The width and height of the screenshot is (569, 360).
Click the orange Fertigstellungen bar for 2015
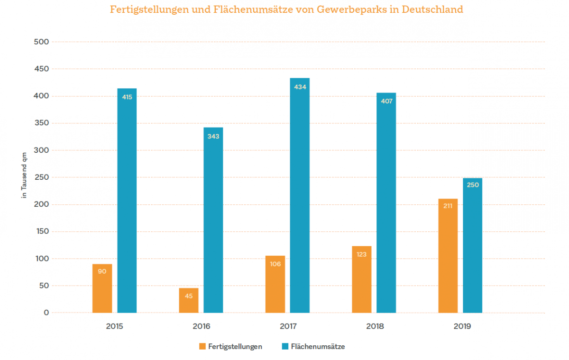point(102,288)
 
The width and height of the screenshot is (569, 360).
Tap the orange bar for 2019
point(448,256)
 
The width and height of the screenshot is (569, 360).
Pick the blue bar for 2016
point(213,220)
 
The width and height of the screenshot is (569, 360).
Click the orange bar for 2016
point(189,300)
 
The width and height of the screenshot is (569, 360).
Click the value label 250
point(473,185)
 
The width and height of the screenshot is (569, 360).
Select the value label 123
point(362,254)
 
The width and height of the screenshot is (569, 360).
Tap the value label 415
point(127,97)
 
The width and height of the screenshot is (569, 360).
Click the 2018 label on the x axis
point(375,327)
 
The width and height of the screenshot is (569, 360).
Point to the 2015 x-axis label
point(114,327)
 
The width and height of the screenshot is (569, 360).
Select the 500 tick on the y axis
point(41,42)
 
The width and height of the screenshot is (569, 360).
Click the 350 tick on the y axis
point(41,123)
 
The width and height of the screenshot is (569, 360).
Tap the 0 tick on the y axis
point(46,313)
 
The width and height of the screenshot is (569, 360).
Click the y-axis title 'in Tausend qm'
point(24,177)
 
